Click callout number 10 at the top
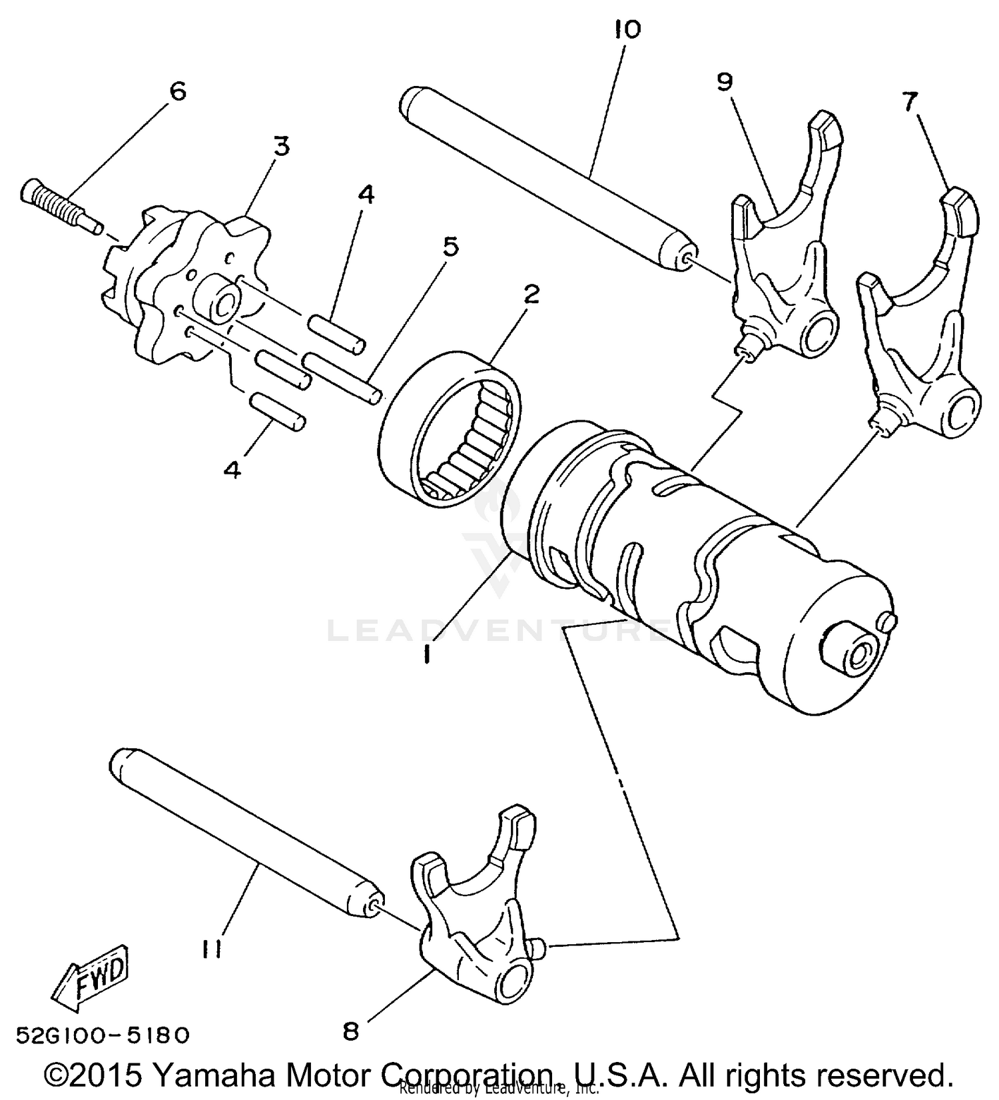click(627, 29)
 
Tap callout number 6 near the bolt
click(178, 91)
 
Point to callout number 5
click(450, 247)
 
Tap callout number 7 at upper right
click(910, 101)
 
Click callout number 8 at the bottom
click(351, 1031)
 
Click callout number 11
click(212, 948)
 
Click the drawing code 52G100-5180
click(103, 1035)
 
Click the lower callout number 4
click(232, 470)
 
